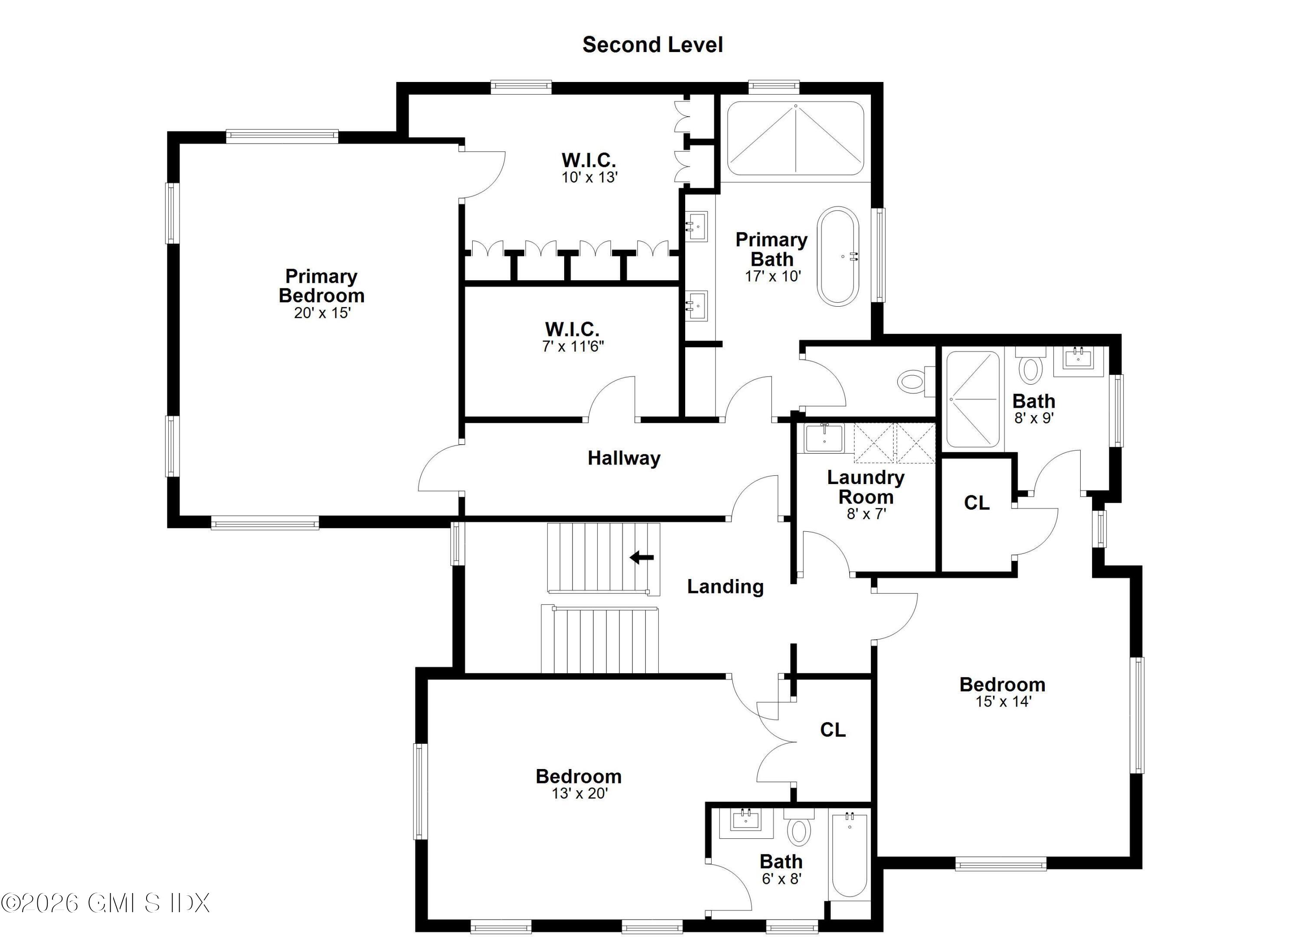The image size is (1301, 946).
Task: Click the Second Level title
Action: [x=652, y=45]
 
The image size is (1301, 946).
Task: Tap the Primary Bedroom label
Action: [x=321, y=286]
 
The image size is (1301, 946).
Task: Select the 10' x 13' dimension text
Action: [x=589, y=177]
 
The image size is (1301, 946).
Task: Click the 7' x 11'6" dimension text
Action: [x=572, y=346]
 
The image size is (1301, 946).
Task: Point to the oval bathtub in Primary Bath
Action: [x=838, y=256]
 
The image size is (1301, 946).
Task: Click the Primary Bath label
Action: [x=771, y=249]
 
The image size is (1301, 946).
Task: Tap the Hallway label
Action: [x=624, y=458]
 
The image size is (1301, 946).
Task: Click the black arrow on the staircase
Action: [x=642, y=557]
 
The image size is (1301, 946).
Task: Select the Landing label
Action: [x=725, y=586]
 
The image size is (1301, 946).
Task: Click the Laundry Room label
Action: [x=866, y=487]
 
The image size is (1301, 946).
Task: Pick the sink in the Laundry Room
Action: [x=824, y=439]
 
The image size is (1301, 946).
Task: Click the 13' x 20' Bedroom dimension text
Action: [x=579, y=793]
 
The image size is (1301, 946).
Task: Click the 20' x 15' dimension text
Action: [x=322, y=313]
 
